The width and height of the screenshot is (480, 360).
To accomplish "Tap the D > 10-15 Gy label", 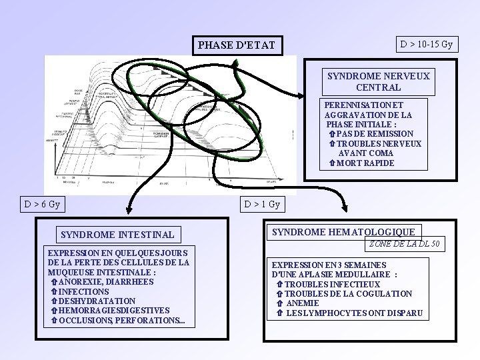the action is [x=426, y=45].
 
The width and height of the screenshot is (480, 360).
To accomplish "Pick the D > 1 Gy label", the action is [x=262, y=204].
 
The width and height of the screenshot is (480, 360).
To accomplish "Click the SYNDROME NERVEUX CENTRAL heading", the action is [x=378, y=81].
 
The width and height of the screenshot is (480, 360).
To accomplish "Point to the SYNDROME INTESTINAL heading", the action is [x=117, y=234].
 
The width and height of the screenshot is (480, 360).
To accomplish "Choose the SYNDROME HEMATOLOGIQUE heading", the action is [x=344, y=231].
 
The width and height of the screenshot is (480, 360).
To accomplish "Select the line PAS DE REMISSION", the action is [x=374, y=134].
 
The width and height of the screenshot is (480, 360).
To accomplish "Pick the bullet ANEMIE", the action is [x=302, y=303].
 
